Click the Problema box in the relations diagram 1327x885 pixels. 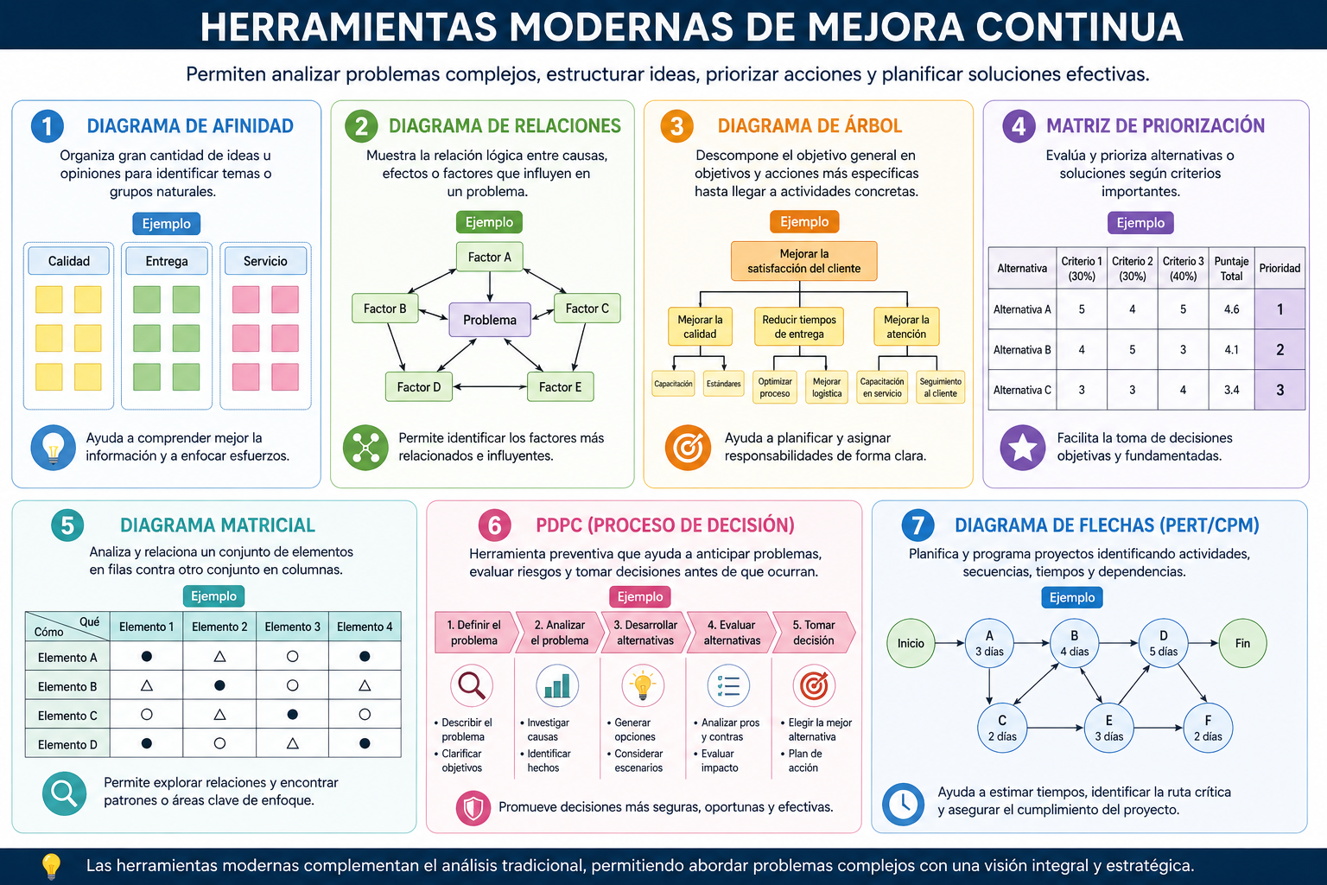coord(489,320)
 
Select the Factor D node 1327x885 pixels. coord(419,387)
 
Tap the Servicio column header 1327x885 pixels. coord(265,261)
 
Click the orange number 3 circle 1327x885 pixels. coord(676,126)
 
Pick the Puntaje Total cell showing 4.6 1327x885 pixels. coord(1231,309)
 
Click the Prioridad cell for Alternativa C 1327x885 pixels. coord(1279,390)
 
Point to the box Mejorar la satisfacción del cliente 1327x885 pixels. coord(804,261)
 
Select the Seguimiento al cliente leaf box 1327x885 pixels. coord(940,387)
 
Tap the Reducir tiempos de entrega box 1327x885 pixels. coord(799,327)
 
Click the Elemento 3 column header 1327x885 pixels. coord(292,627)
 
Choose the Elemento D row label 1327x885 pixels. coord(67,744)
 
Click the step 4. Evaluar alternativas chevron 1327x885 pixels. coord(732,633)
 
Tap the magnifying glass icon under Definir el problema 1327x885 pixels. coord(473,686)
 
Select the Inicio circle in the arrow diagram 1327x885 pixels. coord(911,643)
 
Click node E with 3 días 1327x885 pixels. coord(1108,728)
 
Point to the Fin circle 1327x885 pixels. coord(1243,643)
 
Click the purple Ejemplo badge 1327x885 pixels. coord(1140,223)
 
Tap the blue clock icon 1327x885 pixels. coord(904,805)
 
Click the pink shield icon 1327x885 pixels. coord(473,808)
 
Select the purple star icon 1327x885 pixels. coord(1023,448)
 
